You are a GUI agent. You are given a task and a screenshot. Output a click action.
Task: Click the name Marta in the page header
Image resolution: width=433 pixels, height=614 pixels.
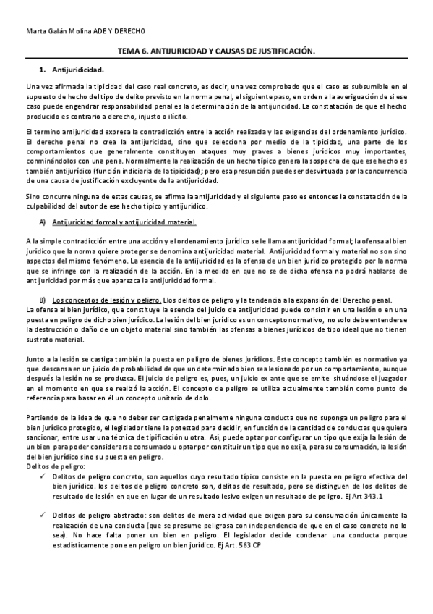pyautogui.click(x=35, y=32)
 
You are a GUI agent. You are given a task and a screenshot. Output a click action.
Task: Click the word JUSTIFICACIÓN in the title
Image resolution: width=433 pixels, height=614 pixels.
pyautogui.click(x=282, y=52)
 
